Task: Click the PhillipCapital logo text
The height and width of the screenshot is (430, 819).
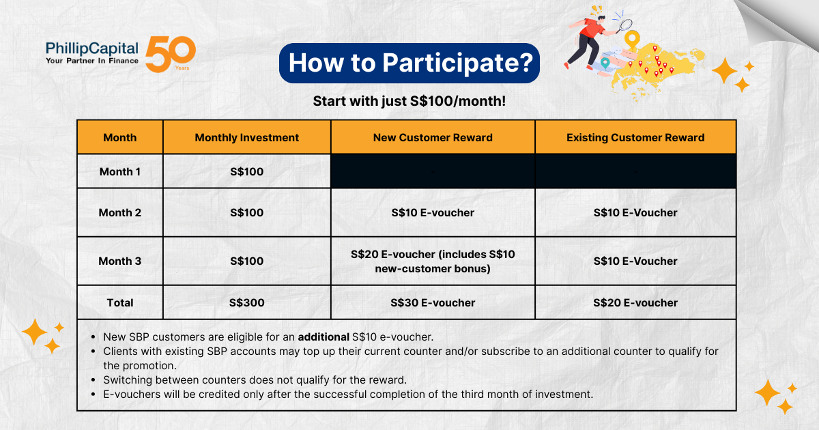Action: pyautogui.click(x=91, y=53)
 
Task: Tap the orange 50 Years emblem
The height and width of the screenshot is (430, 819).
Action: pyautogui.click(x=171, y=54)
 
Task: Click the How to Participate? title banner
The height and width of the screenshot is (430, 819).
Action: pyautogui.click(x=409, y=63)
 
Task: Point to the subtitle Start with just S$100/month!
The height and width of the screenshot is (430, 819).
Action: pyautogui.click(x=409, y=101)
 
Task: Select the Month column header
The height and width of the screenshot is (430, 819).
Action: pyautogui.click(x=120, y=137)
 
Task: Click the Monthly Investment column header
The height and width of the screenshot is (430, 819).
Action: pyautogui.click(x=247, y=137)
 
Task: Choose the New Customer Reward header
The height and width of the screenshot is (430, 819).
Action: pyautogui.click(x=433, y=137)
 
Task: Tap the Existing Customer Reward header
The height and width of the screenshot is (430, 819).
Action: pyautogui.click(x=635, y=137)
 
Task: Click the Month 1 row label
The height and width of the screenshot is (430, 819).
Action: pyautogui.click(x=120, y=171)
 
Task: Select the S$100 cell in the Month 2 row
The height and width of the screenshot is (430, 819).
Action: pyautogui.click(x=247, y=212)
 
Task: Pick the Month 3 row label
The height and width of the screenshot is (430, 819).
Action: pyautogui.click(x=120, y=261)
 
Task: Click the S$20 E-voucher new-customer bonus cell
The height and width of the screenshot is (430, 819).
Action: pyautogui.click(x=433, y=261)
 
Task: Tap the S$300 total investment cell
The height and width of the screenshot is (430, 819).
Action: pyautogui.click(x=247, y=303)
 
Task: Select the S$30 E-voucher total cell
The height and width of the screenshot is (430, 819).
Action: pyautogui.click(x=433, y=303)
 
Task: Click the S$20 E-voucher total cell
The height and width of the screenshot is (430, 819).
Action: pyautogui.click(x=635, y=303)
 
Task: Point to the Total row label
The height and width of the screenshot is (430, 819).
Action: pyautogui.click(x=120, y=303)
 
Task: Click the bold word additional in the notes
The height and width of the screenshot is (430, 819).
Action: pyautogui.click(x=324, y=336)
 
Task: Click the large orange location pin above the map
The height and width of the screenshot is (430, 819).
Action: pyautogui.click(x=632, y=40)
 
